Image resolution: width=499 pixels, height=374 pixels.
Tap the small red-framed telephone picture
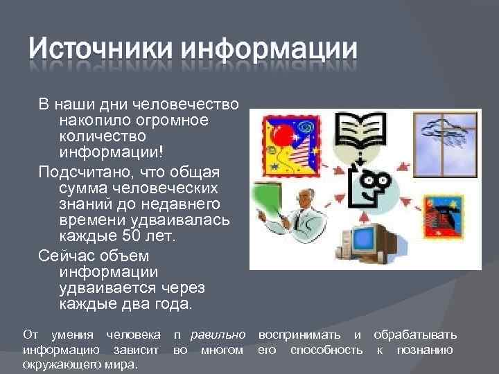[442, 217]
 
